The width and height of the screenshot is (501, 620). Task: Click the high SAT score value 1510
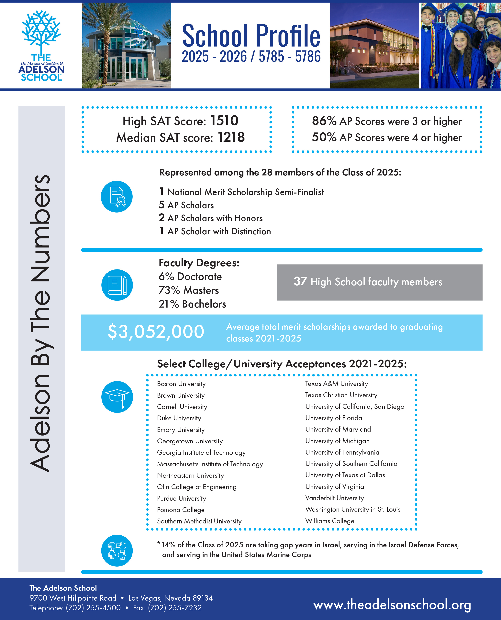coord(224,121)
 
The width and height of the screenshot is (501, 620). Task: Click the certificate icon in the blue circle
coord(117,197)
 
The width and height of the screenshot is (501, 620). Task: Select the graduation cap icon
coord(117,397)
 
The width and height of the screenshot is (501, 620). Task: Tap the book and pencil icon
coord(117,285)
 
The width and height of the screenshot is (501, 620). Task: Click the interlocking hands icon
coord(117,551)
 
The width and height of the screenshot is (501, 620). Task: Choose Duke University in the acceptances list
coord(179,418)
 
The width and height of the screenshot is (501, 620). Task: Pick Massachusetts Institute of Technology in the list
coord(210,464)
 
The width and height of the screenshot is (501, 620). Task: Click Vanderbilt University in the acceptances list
coord(334,498)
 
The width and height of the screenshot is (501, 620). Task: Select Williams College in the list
coord(329,521)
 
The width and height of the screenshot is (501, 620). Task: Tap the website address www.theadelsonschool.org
coord(392,604)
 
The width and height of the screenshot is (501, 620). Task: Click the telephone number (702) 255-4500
coord(93,608)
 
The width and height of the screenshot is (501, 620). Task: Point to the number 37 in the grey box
coord(300,281)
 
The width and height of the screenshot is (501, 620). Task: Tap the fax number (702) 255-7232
coord(175,608)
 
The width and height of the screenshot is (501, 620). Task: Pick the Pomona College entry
coord(181,510)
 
